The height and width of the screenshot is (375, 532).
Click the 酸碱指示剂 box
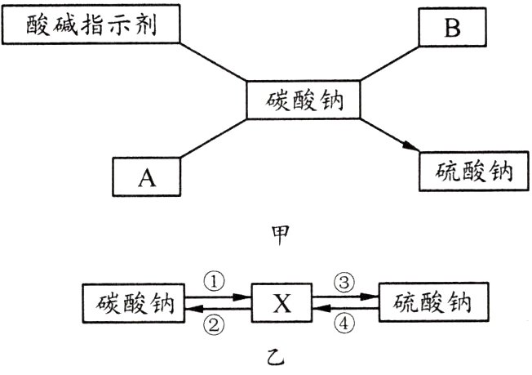[90, 27]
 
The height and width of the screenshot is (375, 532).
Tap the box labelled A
[146, 176]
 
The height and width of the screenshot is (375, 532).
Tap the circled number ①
[213, 282]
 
